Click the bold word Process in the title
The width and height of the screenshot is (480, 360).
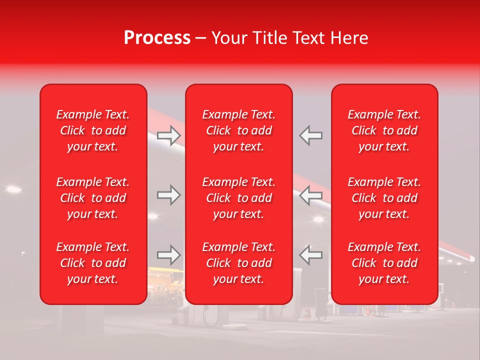coord(157,38)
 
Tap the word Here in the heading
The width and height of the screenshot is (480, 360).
coord(348,38)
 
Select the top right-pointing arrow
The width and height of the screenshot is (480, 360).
coord(169,135)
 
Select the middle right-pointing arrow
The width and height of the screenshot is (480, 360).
coord(169,195)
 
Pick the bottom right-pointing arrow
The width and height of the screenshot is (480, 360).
coord(169,254)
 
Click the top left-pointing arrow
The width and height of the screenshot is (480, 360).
coord(310,135)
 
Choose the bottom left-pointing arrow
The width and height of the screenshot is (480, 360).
coord(310,254)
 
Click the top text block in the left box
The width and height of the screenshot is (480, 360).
coord(93,130)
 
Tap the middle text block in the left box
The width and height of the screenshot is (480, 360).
coord(93,198)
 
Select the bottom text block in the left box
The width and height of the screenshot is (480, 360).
coord(93,263)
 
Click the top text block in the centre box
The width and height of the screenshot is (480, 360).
coord(239,130)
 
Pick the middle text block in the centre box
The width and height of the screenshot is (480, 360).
coord(239,198)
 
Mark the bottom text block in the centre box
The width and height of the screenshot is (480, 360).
coord(239,263)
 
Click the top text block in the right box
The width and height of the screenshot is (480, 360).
coord(384,130)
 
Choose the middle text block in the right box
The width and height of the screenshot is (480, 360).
coord(384,198)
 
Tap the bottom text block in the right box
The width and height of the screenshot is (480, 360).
coord(384,263)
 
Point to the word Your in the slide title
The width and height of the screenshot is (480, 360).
coord(229,38)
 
